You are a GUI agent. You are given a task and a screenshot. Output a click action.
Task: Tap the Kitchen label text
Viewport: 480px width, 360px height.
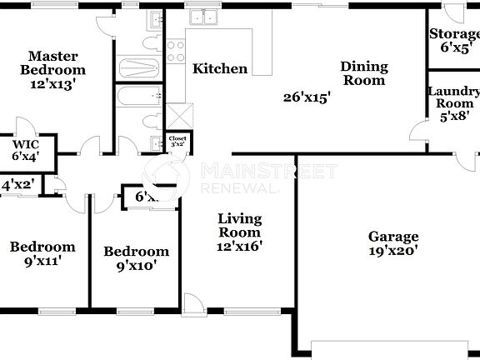220,68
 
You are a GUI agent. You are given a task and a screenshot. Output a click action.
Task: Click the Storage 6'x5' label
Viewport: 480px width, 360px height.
454,41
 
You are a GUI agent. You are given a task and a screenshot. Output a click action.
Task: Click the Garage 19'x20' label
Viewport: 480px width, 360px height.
393,242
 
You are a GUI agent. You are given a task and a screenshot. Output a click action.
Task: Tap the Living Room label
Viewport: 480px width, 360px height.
240,232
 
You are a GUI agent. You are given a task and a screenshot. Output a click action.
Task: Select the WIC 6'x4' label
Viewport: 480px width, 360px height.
25,149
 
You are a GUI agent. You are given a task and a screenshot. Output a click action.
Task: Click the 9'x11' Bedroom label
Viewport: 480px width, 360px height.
42,253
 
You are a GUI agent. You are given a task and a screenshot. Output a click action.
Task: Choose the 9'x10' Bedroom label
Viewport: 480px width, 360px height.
136,258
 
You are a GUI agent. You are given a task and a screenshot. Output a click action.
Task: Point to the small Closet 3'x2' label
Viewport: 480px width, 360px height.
177,142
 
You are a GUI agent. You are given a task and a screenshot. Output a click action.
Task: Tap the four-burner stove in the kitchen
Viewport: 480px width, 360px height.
176,52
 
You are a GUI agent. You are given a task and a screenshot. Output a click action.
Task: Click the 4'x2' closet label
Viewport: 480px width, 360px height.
17,185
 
